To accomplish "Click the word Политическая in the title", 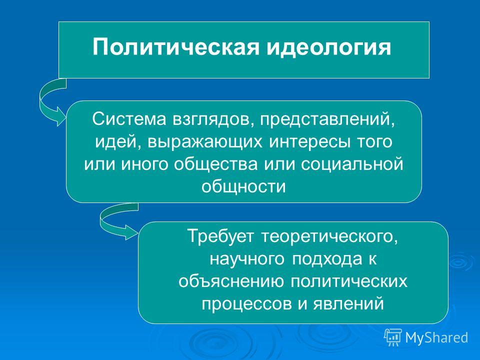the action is pos(176,47).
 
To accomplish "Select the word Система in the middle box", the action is pos(129,119).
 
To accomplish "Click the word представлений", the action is pos(327,120).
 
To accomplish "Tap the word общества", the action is pos(216,164).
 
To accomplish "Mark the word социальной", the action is pos(352,164).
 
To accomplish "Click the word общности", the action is pos(243,186).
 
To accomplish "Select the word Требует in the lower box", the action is pos(220,236).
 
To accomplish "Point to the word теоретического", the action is pos(330,236).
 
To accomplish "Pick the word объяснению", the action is pos(231,281).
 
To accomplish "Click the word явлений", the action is pos(348,304).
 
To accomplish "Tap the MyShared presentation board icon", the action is pos(393,337).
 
